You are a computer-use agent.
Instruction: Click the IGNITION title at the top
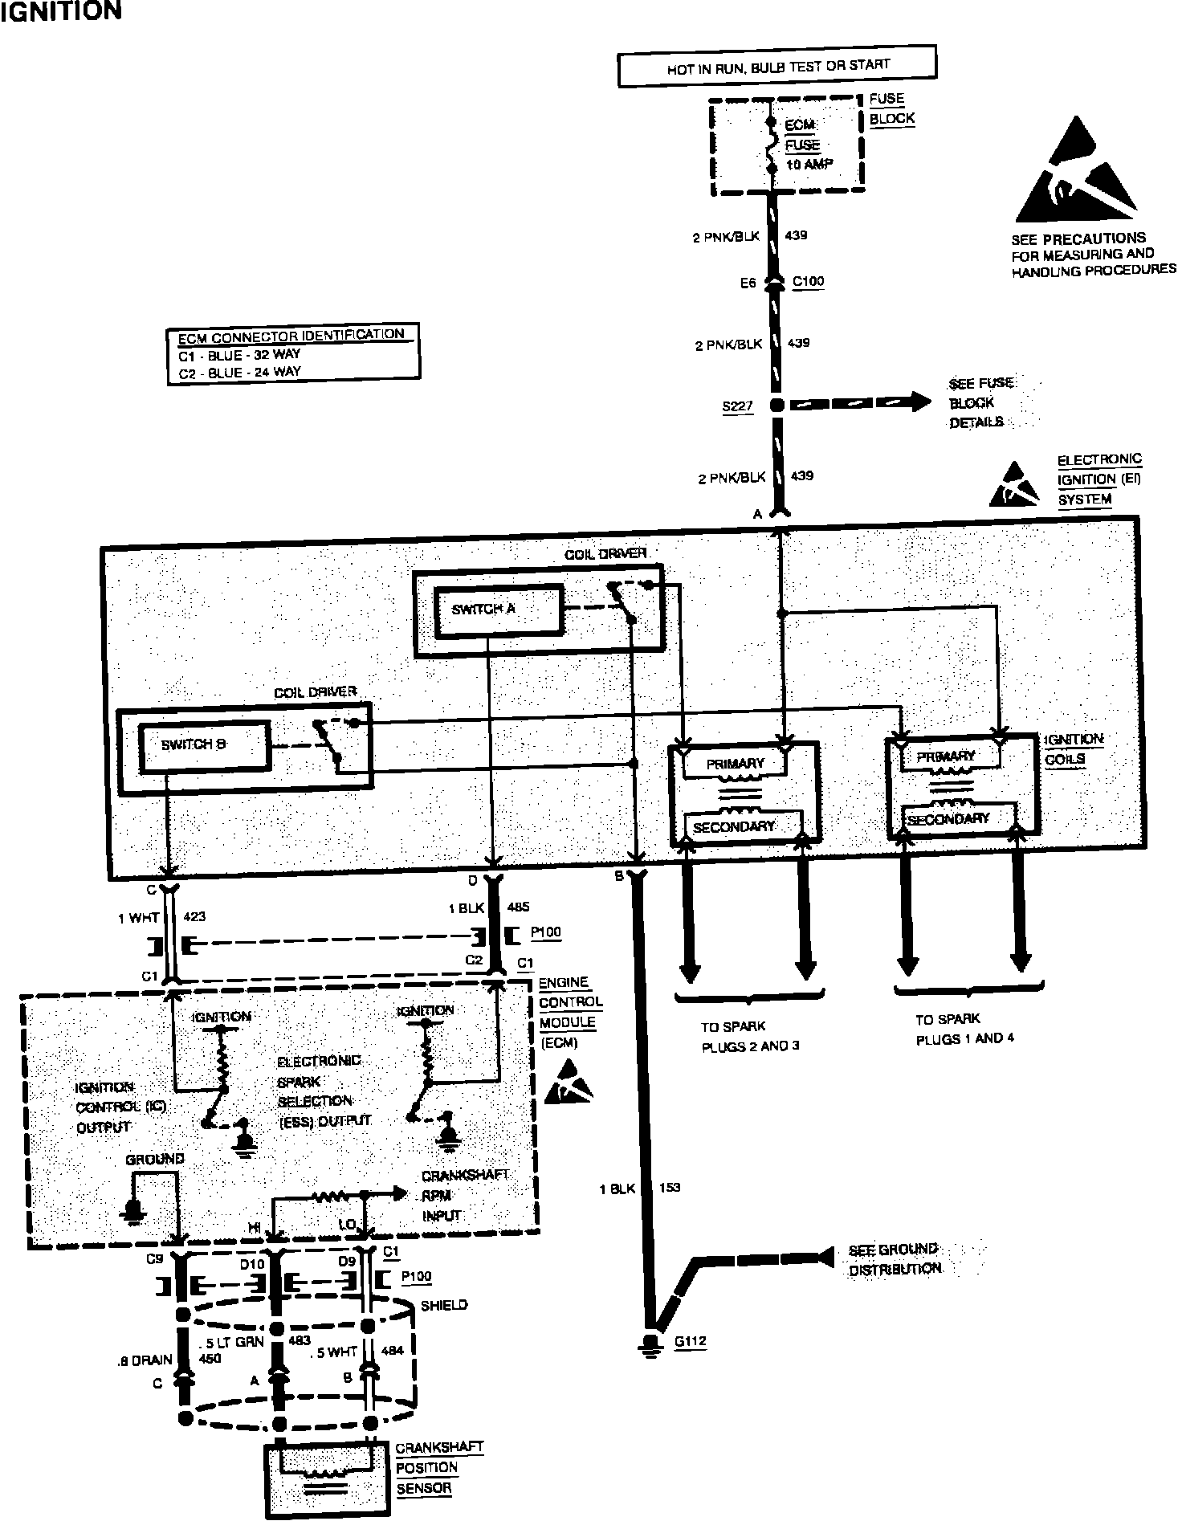(61, 11)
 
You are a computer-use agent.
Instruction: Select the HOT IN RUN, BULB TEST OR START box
(776, 66)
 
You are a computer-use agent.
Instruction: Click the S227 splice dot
(776, 406)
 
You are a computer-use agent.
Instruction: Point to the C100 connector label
(808, 282)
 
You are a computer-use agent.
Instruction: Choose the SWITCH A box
(498, 610)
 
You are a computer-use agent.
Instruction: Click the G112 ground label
(691, 1341)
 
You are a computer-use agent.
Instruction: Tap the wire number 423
(195, 915)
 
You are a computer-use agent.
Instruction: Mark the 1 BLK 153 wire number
(669, 1187)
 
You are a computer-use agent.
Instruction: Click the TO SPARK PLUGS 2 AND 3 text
(750, 1036)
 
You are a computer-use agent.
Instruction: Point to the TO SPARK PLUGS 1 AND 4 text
(964, 1029)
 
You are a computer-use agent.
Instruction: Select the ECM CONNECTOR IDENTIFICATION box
(293, 353)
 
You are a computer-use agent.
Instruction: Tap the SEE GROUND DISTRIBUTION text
(895, 1259)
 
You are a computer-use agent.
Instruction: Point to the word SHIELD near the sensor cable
(444, 1305)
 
